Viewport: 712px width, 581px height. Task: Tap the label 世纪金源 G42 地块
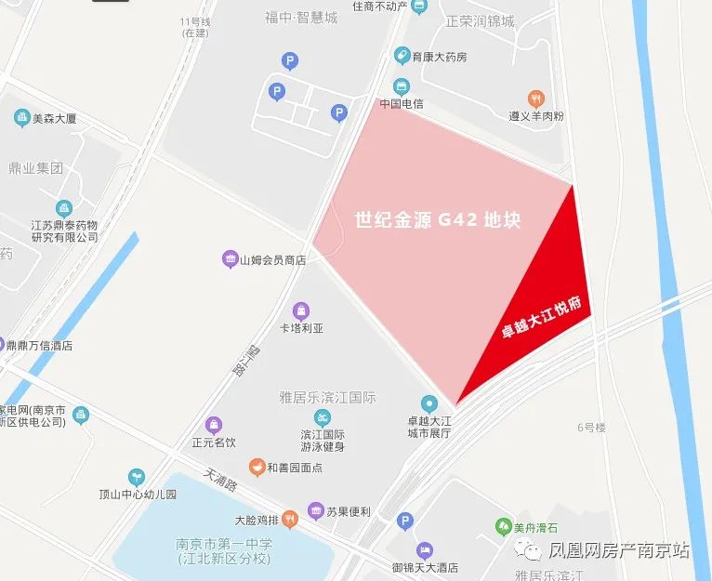438,220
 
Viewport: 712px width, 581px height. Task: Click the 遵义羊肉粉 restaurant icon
535,99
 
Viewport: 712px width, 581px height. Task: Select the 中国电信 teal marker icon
402,86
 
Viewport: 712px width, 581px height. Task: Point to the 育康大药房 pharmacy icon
402,56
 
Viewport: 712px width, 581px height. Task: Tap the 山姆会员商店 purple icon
230,259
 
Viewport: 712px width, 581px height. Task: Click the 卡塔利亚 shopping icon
300,310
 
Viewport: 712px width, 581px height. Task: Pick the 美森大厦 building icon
21,118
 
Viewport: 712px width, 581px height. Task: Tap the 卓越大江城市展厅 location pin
429,403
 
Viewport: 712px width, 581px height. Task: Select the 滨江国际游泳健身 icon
323,416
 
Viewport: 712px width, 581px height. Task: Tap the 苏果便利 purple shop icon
316,510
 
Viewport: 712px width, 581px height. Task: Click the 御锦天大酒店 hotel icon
425,549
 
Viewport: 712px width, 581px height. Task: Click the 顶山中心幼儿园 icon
137,477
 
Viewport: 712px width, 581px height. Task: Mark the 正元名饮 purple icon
215,425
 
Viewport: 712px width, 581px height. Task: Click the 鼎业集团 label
35,169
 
